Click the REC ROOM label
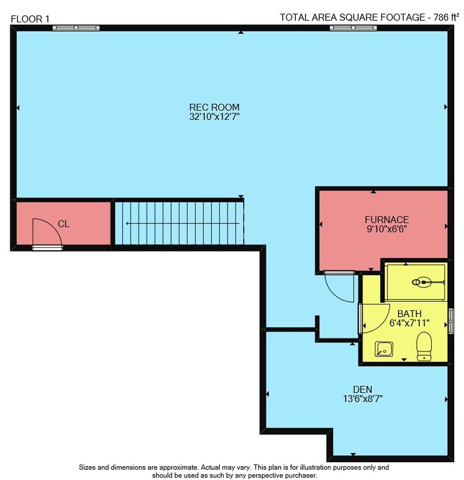[x=214, y=108]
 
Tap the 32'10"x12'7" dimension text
[x=214, y=116]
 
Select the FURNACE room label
[x=387, y=220]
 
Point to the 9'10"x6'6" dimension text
[x=387, y=229]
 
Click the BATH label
[x=410, y=314]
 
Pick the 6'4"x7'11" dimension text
[x=410, y=323]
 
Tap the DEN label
[x=363, y=390]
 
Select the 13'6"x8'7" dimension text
[x=363, y=399]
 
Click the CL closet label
[x=64, y=224]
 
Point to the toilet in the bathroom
[x=424, y=346]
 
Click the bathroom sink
[x=384, y=349]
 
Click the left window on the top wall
[x=76, y=28]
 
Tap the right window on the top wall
[x=353, y=28]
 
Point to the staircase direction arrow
[x=182, y=224]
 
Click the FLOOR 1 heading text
[x=30, y=19]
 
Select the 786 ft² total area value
[x=446, y=17]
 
